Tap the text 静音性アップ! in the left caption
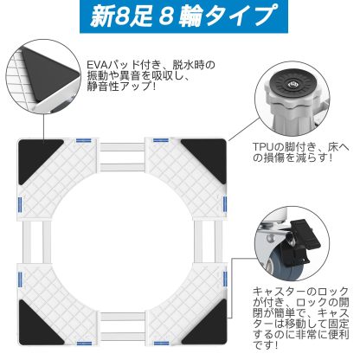(121, 89)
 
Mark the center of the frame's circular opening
(123, 245)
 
